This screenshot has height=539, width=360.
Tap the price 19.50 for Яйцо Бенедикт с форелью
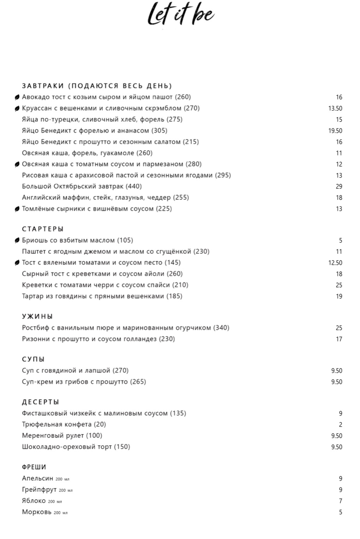pos(335,131)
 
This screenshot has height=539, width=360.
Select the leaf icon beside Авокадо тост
pos(17,97)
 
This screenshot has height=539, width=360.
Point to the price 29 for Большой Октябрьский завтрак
pos(339,186)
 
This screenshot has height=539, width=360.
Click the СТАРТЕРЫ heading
pos(43,229)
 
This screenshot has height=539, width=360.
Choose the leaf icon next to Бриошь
pos(17,240)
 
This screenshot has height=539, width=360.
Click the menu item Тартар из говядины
pos(102,296)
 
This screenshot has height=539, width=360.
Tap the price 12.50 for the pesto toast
pos(335,263)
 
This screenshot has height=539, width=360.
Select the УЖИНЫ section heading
pos(37,317)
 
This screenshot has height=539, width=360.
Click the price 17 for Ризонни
pos(339,339)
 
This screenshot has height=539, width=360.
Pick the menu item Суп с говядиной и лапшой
pos(75,371)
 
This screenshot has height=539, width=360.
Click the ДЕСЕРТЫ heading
pos(41,402)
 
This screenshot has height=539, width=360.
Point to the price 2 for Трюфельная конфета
pos(340,425)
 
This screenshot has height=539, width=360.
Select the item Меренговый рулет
pos(62,436)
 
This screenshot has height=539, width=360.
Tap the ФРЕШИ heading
pos(34,467)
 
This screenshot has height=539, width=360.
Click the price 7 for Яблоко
pos(340,501)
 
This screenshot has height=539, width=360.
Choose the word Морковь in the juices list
pos(37,512)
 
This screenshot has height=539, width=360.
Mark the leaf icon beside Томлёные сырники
pos(17,209)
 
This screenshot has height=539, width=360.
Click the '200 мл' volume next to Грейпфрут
pos(66,490)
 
